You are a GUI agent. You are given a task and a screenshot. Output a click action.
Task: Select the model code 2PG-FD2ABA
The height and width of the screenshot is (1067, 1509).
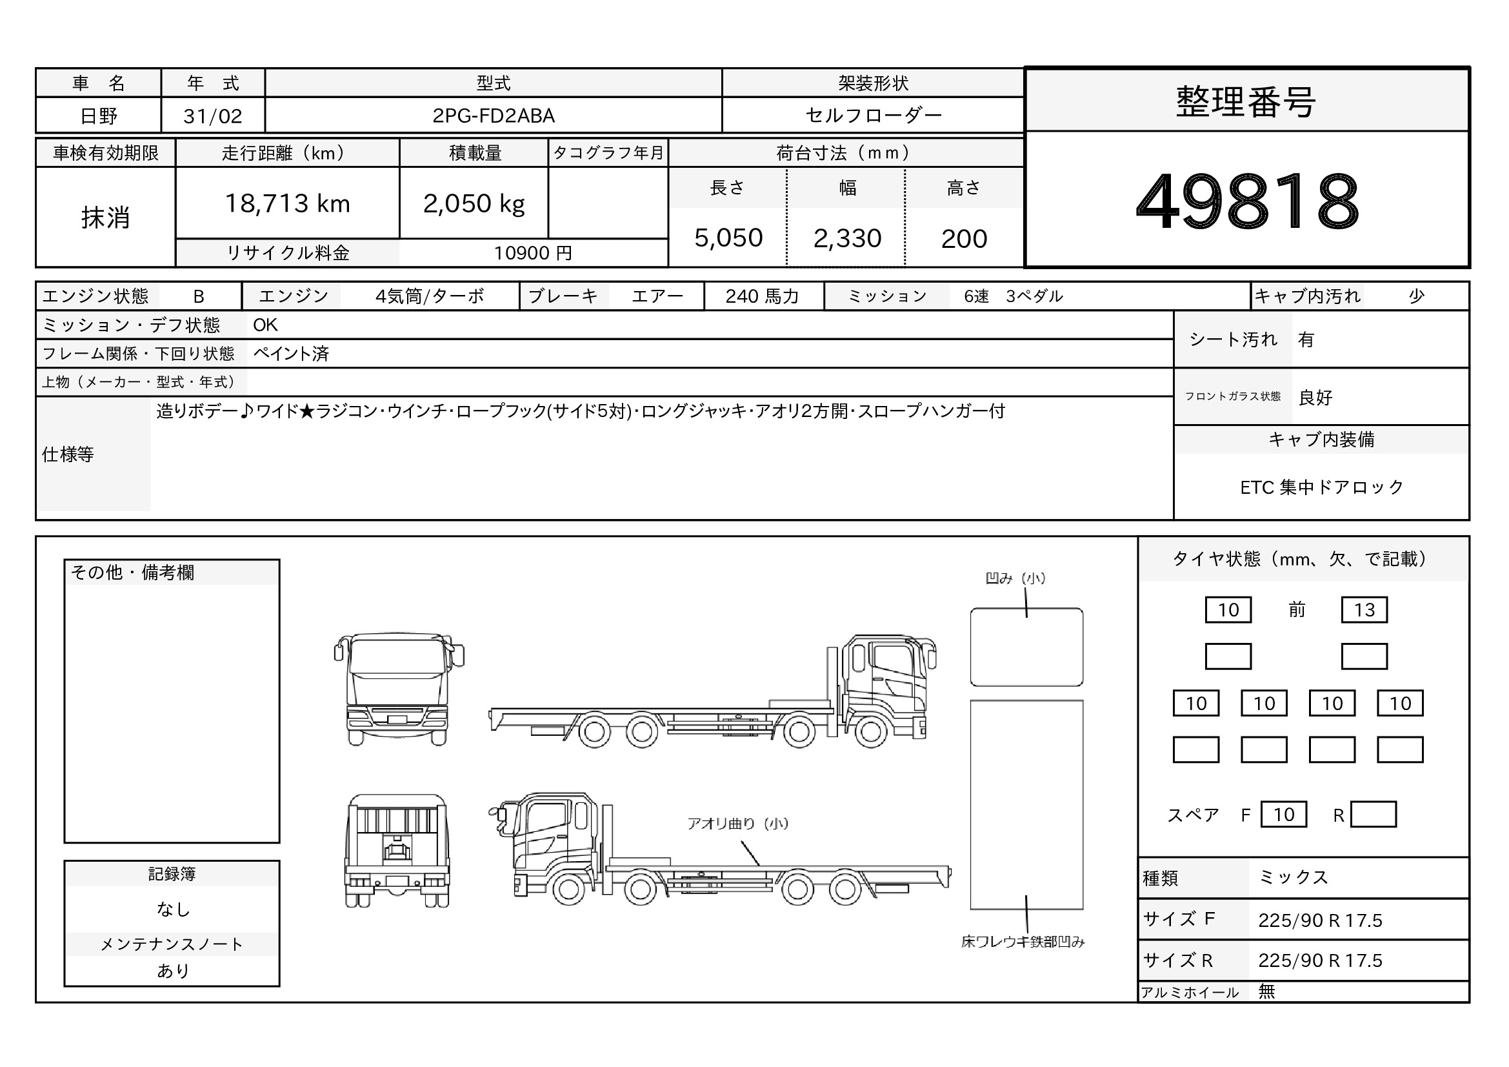tap(494, 116)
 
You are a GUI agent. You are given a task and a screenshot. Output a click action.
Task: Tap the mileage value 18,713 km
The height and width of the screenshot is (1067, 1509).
tap(288, 204)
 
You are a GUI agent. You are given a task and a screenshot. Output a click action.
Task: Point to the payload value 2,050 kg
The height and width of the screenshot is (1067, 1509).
tap(474, 204)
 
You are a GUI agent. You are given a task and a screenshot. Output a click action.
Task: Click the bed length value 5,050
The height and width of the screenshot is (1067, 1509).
tap(728, 238)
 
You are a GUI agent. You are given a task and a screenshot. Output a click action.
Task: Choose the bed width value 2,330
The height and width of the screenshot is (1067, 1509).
tap(847, 238)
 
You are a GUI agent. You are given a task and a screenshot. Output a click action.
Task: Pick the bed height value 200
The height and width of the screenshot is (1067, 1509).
tap(964, 239)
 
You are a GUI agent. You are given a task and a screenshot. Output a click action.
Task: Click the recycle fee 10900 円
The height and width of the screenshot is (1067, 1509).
tap(533, 253)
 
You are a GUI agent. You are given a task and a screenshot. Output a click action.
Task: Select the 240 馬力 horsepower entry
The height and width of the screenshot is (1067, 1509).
tap(763, 296)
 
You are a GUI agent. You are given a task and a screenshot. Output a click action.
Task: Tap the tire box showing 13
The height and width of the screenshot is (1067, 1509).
tap(1364, 610)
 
